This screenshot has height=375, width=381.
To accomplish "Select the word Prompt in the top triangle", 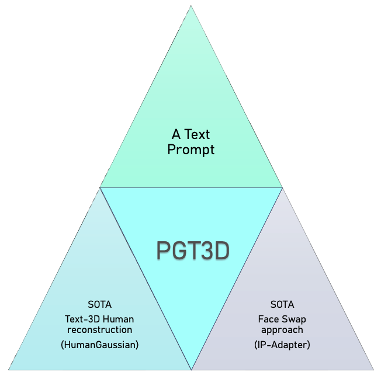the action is [x=191, y=150].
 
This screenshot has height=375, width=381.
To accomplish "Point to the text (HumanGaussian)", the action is [x=99, y=345].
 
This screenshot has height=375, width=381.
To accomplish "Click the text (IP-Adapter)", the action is [x=282, y=345].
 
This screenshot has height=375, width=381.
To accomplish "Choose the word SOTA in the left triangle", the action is [x=99, y=305].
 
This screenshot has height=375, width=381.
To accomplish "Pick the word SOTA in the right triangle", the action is [x=282, y=305].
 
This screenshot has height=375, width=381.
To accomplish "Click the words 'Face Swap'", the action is [x=282, y=319].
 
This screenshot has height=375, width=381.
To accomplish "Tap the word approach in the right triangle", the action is [x=282, y=331].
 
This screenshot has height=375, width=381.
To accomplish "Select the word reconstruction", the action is [x=99, y=331].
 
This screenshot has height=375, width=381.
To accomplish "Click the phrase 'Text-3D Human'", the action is [x=99, y=319].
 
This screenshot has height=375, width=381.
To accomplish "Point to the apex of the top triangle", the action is [x=191, y=6].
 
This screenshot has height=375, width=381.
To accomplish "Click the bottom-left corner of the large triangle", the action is [x=9, y=369].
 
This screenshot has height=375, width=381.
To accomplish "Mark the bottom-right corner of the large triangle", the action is [x=373, y=369].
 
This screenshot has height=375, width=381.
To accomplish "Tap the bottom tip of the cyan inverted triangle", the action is [x=192, y=369].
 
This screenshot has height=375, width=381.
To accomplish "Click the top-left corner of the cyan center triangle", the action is [x=101, y=188].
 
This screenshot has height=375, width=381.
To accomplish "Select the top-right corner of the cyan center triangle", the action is [x=282, y=188].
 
